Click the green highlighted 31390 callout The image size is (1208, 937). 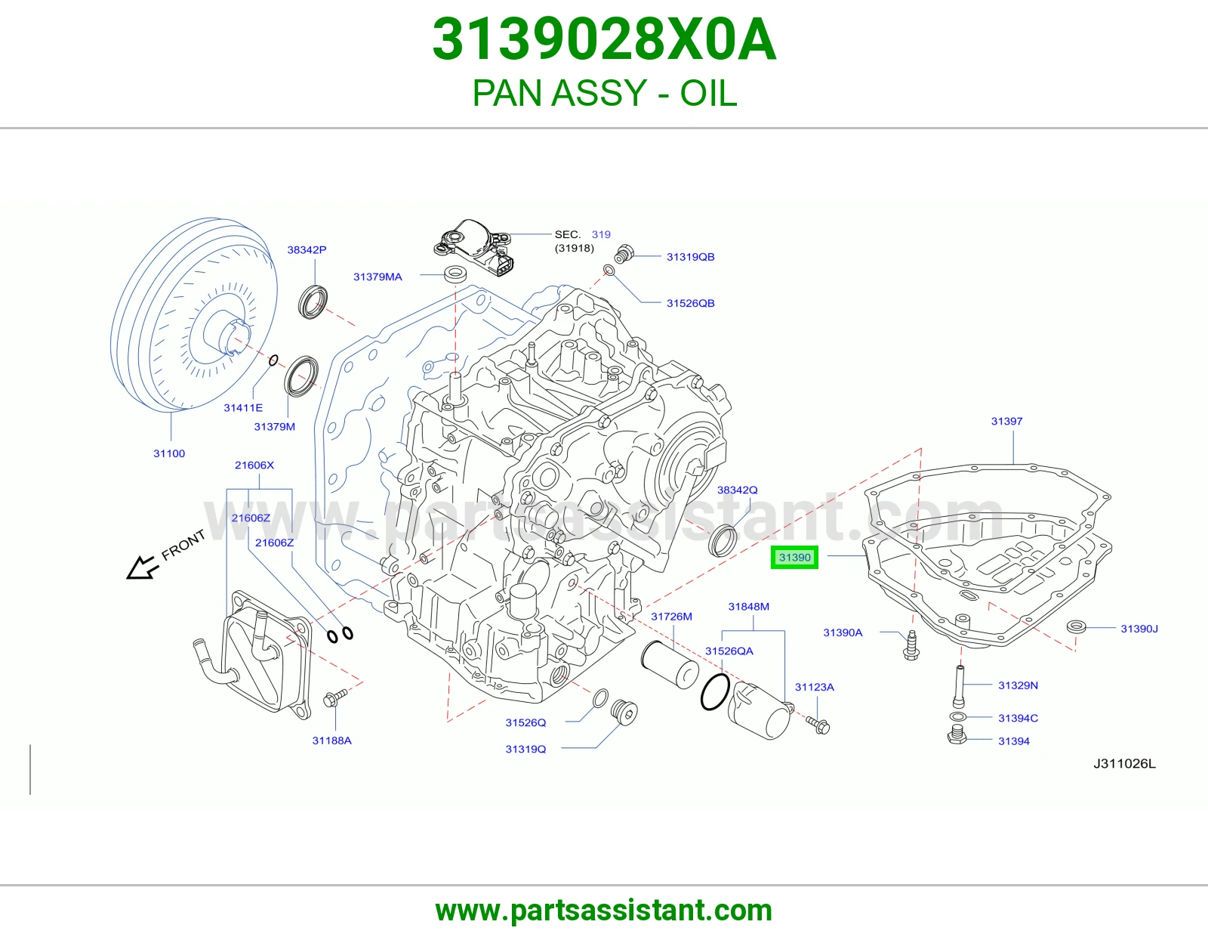coord(794,558)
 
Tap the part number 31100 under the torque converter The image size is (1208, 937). coord(169,453)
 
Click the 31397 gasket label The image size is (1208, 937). coord(1006,421)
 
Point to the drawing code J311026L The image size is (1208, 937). coord(1125,763)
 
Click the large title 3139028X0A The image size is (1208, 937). coord(604,39)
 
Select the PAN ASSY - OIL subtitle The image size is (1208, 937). coord(604,92)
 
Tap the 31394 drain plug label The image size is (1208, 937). coord(1014,741)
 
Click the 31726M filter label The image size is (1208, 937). coord(671,617)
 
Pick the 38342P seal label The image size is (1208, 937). coord(307,250)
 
